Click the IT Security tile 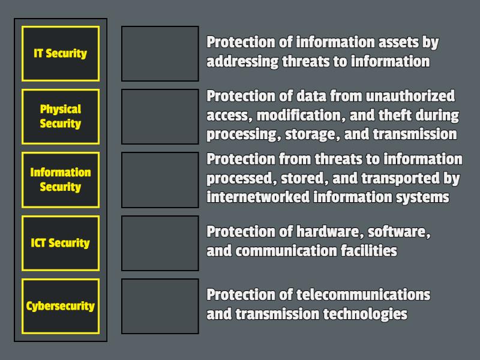coord(60,53)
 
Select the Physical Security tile coord(60,116)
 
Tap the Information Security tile coord(60,179)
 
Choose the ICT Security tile coord(60,243)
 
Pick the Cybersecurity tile coord(60,306)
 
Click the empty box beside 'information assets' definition coord(160,53)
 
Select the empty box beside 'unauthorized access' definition coord(160,116)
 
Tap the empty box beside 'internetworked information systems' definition coord(160,179)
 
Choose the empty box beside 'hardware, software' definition coord(160,243)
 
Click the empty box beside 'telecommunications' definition coord(160,306)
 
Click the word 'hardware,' coord(328,232)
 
